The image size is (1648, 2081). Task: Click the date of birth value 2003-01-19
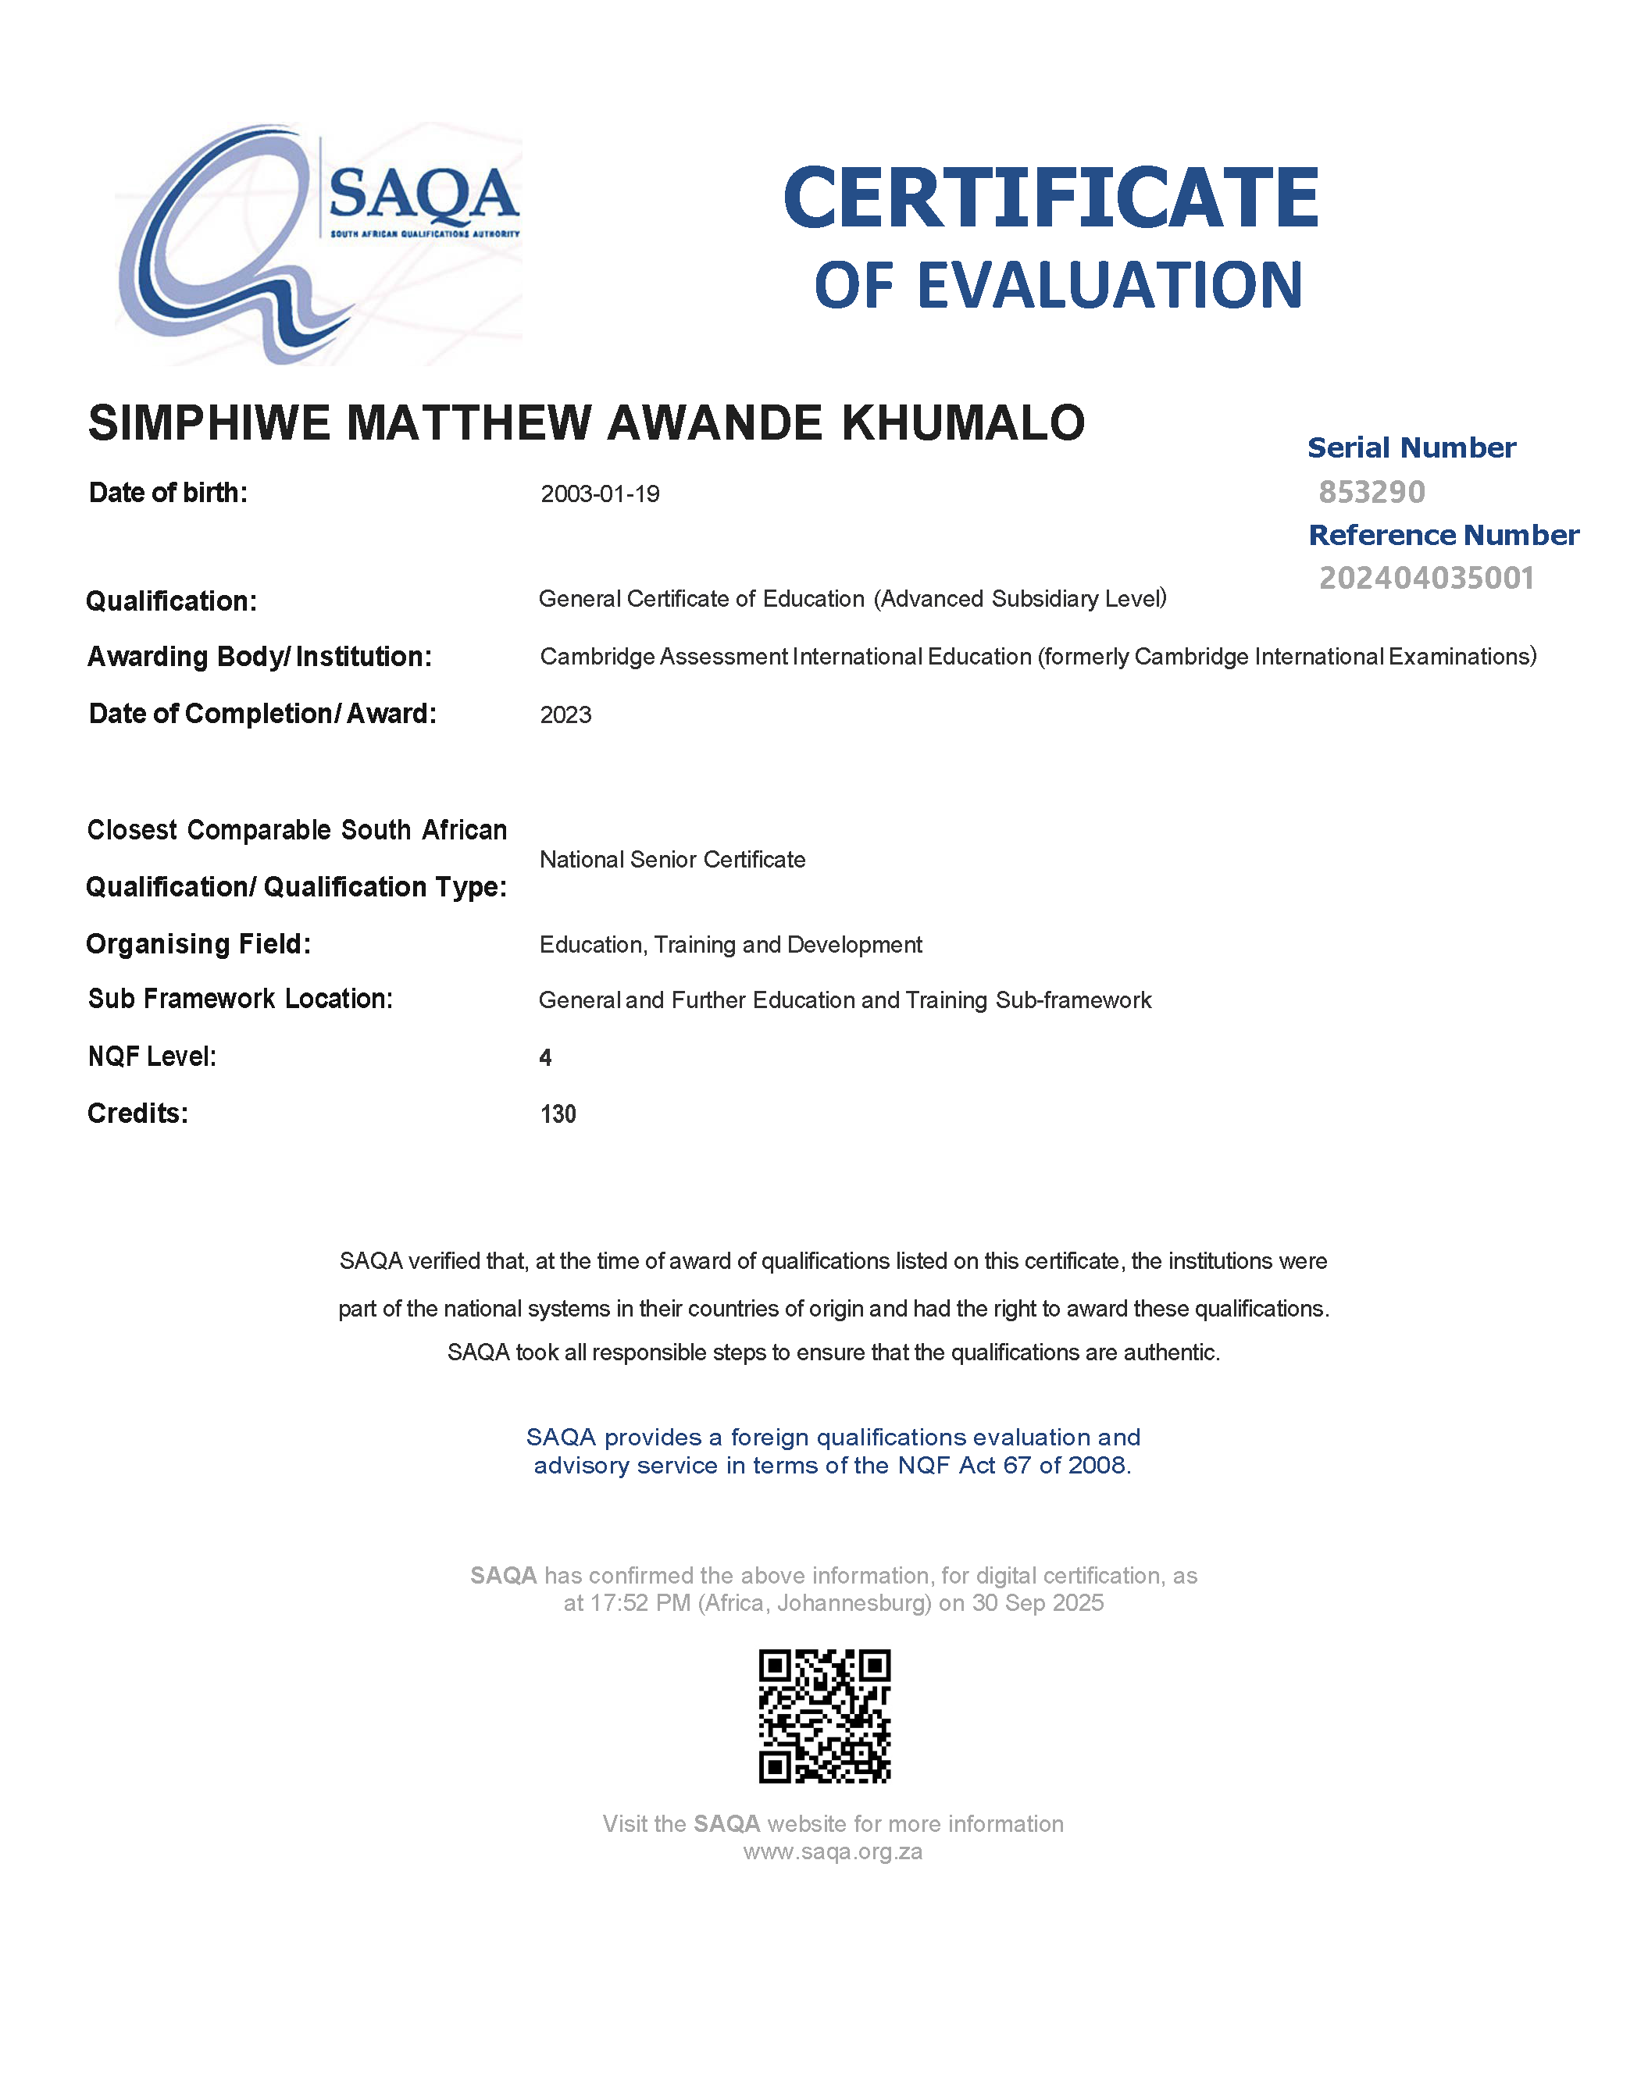[x=599, y=494]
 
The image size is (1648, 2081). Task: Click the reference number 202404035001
[x=1426, y=578]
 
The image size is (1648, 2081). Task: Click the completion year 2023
[x=565, y=715]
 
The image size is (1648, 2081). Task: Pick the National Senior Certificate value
[x=672, y=860]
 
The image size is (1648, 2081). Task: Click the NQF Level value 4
[x=545, y=1058]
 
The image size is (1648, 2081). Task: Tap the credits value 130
[x=558, y=1114]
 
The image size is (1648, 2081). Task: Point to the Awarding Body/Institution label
[x=259, y=657]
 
